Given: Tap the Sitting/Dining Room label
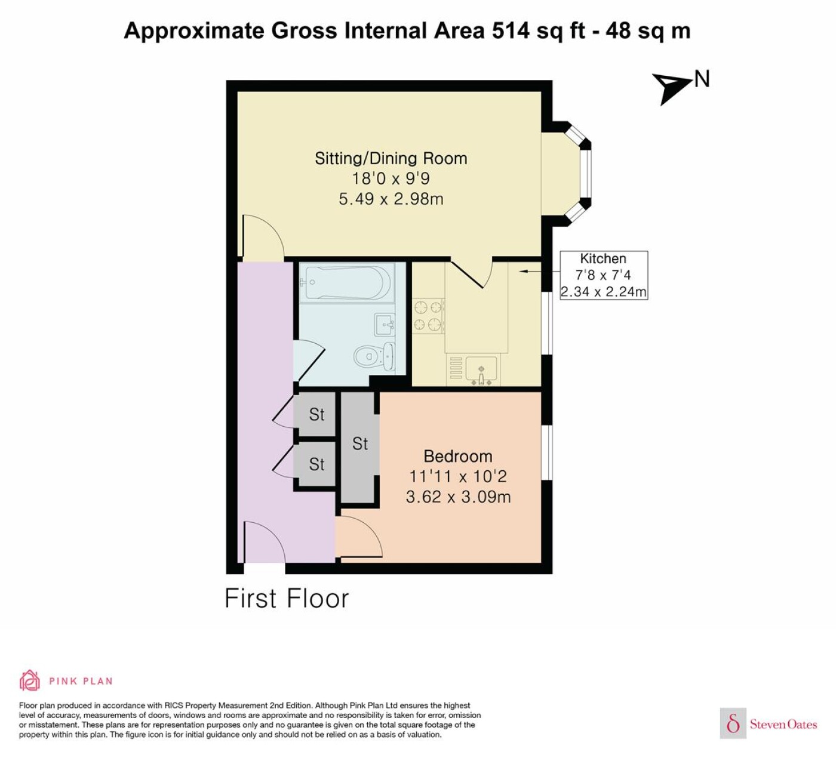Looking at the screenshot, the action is [x=391, y=159].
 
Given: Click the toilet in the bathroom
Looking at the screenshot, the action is [x=374, y=356].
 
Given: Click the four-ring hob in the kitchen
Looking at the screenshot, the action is [x=428, y=316].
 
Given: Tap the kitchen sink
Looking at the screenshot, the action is [x=481, y=370].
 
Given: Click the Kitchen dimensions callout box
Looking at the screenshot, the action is [x=604, y=275].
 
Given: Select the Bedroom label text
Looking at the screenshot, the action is [x=458, y=457].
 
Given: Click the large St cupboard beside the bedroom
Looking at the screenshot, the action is [x=360, y=448].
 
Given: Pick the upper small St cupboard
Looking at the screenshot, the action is [x=315, y=414].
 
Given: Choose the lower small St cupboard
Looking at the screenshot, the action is [x=315, y=464].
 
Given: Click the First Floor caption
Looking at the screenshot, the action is [x=287, y=599].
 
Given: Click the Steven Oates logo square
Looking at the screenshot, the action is [x=733, y=724].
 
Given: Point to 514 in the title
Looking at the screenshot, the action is [x=511, y=31].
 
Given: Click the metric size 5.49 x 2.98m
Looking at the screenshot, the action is [x=391, y=199].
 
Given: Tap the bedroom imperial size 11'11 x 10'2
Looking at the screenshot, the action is [x=458, y=476].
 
